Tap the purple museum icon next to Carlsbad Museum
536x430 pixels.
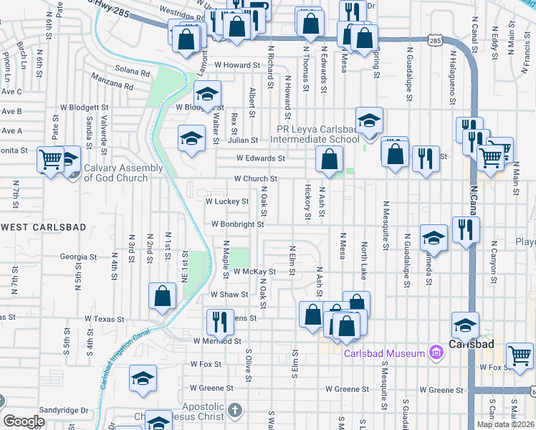point(434,353)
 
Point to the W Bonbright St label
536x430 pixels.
point(237,224)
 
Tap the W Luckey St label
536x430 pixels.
point(227,201)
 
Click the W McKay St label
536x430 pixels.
point(254,272)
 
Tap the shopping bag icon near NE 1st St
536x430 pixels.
point(162,295)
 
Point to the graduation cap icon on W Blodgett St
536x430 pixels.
point(207,93)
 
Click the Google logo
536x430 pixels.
point(24,421)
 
